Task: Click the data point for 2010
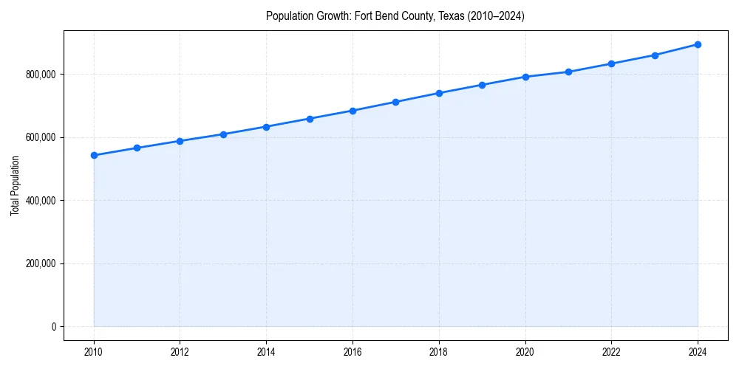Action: click(94, 155)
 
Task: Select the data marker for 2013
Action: click(223, 134)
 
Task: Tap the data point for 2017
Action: click(396, 102)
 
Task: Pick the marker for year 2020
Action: click(525, 77)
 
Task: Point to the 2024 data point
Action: click(698, 44)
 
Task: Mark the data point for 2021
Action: click(568, 72)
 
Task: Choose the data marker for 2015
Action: click(310, 118)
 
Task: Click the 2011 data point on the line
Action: click(137, 148)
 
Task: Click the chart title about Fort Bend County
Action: click(395, 16)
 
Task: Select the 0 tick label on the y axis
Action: click(53, 327)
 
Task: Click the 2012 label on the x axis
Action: click(180, 352)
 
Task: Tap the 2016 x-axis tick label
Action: click(353, 352)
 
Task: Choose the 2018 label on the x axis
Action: click(439, 352)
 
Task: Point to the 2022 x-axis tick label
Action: click(611, 352)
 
